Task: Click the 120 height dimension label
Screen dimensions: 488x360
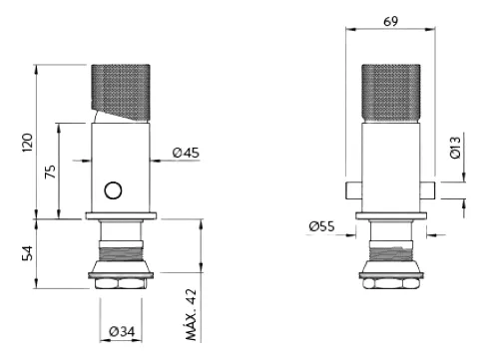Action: (x=28, y=143)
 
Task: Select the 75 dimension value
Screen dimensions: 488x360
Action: (x=50, y=172)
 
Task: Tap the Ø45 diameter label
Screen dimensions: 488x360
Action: (x=186, y=153)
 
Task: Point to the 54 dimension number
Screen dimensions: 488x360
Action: (x=28, y=253)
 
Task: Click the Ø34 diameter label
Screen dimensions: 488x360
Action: (x=122, y=331)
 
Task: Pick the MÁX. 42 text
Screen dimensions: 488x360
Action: (x=192, y=315)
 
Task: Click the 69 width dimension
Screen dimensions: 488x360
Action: (x=390, y=21)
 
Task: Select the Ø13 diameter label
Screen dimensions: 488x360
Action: (x=455, y=148)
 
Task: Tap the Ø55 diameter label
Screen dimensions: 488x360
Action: (x=321, y=226)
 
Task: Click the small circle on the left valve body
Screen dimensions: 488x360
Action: (x=113, y=190)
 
